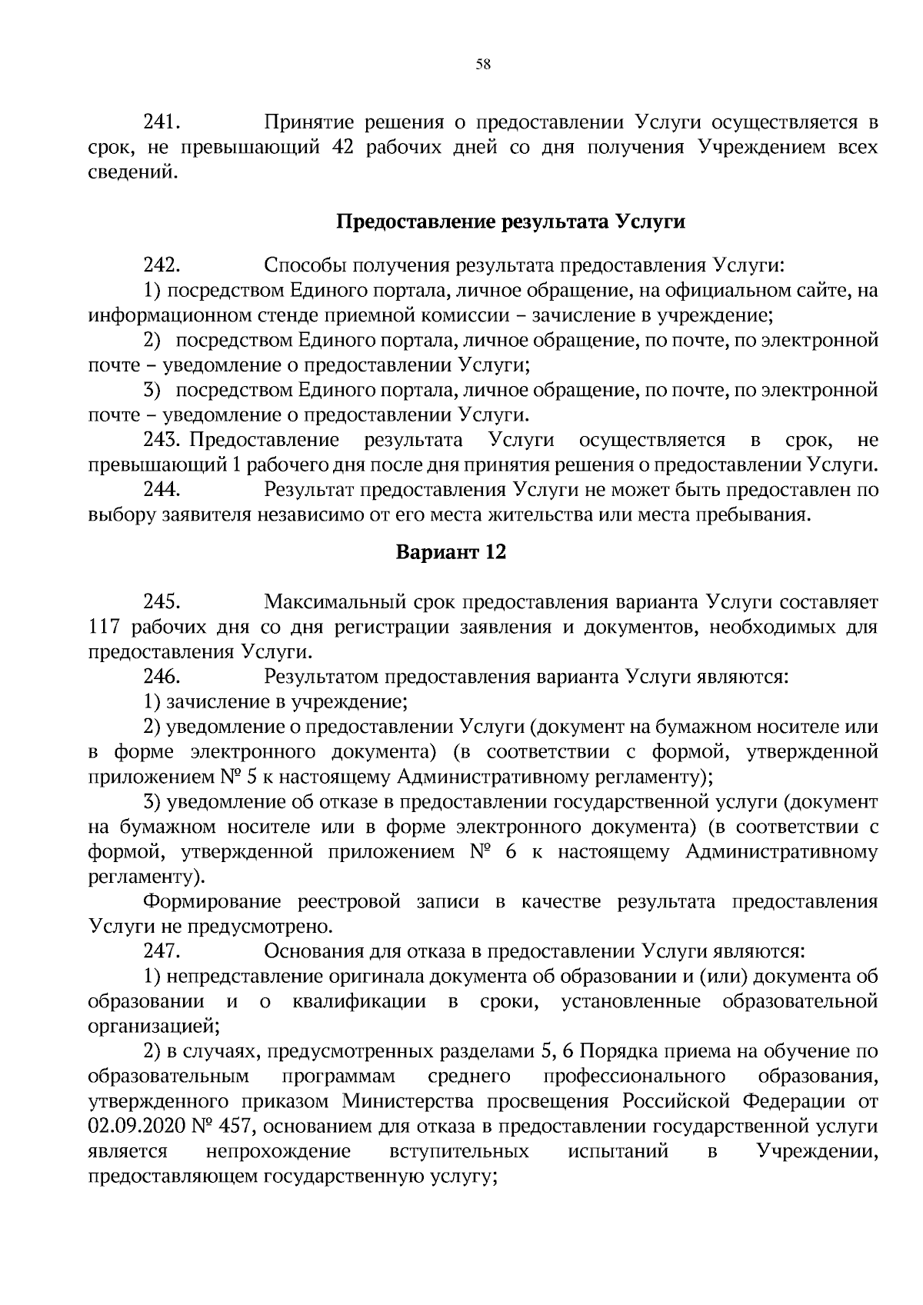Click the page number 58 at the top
483,65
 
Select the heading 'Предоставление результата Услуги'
511,222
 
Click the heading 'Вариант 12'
451,552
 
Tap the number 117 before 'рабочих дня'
105,627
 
